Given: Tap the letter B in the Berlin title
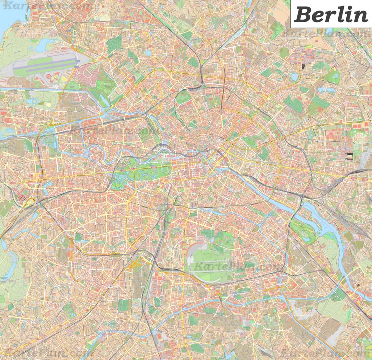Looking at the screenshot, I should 303,14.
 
